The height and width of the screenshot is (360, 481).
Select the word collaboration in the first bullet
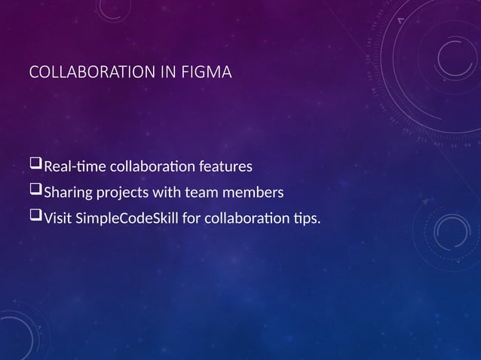[x=155, y=166]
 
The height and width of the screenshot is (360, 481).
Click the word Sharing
[x=68, y=194]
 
